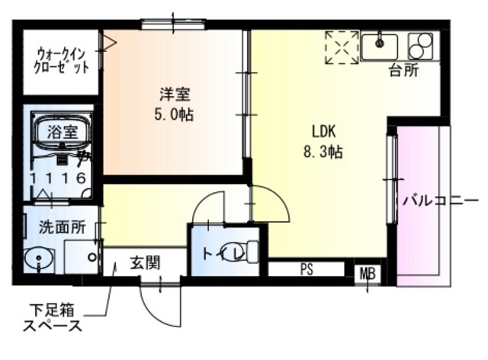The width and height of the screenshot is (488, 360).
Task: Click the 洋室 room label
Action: (174, 95)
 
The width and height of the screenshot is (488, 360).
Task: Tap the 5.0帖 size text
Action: (174, 115)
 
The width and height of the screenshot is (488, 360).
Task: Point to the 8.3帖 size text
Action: (323, 151)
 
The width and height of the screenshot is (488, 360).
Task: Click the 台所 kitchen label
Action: (403, 72)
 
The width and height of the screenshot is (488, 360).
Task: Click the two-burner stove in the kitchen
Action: (420, 47)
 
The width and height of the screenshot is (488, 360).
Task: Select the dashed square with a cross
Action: (341, 47)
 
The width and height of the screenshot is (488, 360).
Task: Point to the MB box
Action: (368, 272)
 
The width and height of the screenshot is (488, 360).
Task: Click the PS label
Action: (307, 269)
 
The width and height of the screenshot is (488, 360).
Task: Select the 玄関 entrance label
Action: (144, 264)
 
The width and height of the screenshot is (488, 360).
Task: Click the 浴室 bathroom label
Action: (63, 130)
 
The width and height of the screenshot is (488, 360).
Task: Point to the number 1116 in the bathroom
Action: (57, 178)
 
